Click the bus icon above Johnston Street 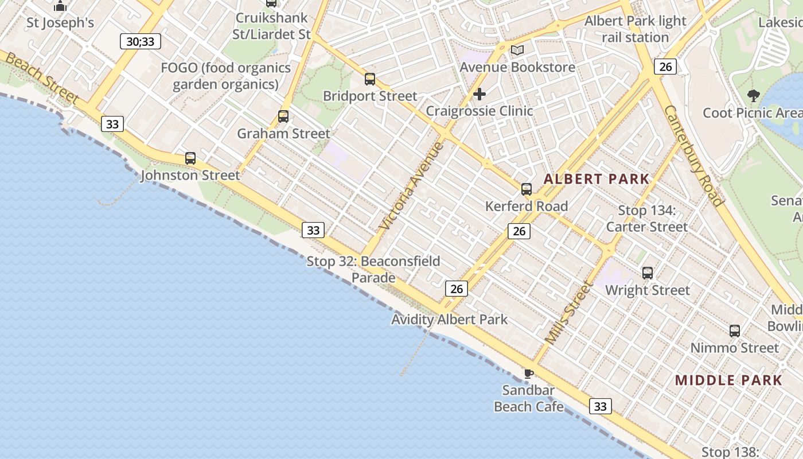tap(190, 158)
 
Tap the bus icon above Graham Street tap(283, 116)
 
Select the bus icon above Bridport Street tap(370, 79)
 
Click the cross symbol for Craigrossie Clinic tap(480, 94)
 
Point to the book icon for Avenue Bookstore tap(517, 50)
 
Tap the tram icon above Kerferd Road tap(527, 189)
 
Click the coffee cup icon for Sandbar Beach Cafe tap(528, 374)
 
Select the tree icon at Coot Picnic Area tap(753, 96)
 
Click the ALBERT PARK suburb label tap(597, 179)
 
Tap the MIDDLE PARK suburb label tap(728, 380)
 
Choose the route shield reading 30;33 tap(141, 41)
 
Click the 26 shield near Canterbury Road tap(665, 67)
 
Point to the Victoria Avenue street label tap(412, 186)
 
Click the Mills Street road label tap(568, 313)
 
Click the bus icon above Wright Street tap(648, 273)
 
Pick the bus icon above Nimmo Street tap(735, 331)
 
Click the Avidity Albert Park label tap(449, 320)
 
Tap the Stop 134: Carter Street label tap(647, 219)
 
